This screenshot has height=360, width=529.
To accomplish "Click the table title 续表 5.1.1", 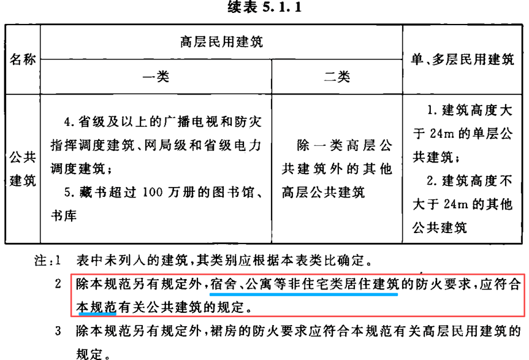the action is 265,7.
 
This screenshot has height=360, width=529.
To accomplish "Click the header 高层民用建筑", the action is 221,42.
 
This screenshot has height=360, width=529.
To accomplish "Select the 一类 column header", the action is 156,77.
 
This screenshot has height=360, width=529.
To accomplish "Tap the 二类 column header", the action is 337,77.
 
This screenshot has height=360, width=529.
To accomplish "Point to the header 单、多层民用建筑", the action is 462,59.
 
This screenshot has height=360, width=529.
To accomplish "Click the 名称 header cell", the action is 23,59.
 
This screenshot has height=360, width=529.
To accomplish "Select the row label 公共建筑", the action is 23,169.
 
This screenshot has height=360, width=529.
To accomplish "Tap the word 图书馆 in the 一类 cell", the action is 234,193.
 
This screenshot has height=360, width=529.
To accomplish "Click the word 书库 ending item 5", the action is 64,216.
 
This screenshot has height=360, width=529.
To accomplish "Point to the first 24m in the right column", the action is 441,134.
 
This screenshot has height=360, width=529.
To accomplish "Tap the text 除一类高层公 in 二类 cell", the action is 344,145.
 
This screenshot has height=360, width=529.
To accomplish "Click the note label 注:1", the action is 48,261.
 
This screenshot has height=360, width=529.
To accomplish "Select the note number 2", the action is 58,284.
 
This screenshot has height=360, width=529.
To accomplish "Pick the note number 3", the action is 58,331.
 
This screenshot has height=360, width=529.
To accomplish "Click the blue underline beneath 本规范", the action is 97,314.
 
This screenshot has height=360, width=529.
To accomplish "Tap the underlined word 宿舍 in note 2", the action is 223,284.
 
